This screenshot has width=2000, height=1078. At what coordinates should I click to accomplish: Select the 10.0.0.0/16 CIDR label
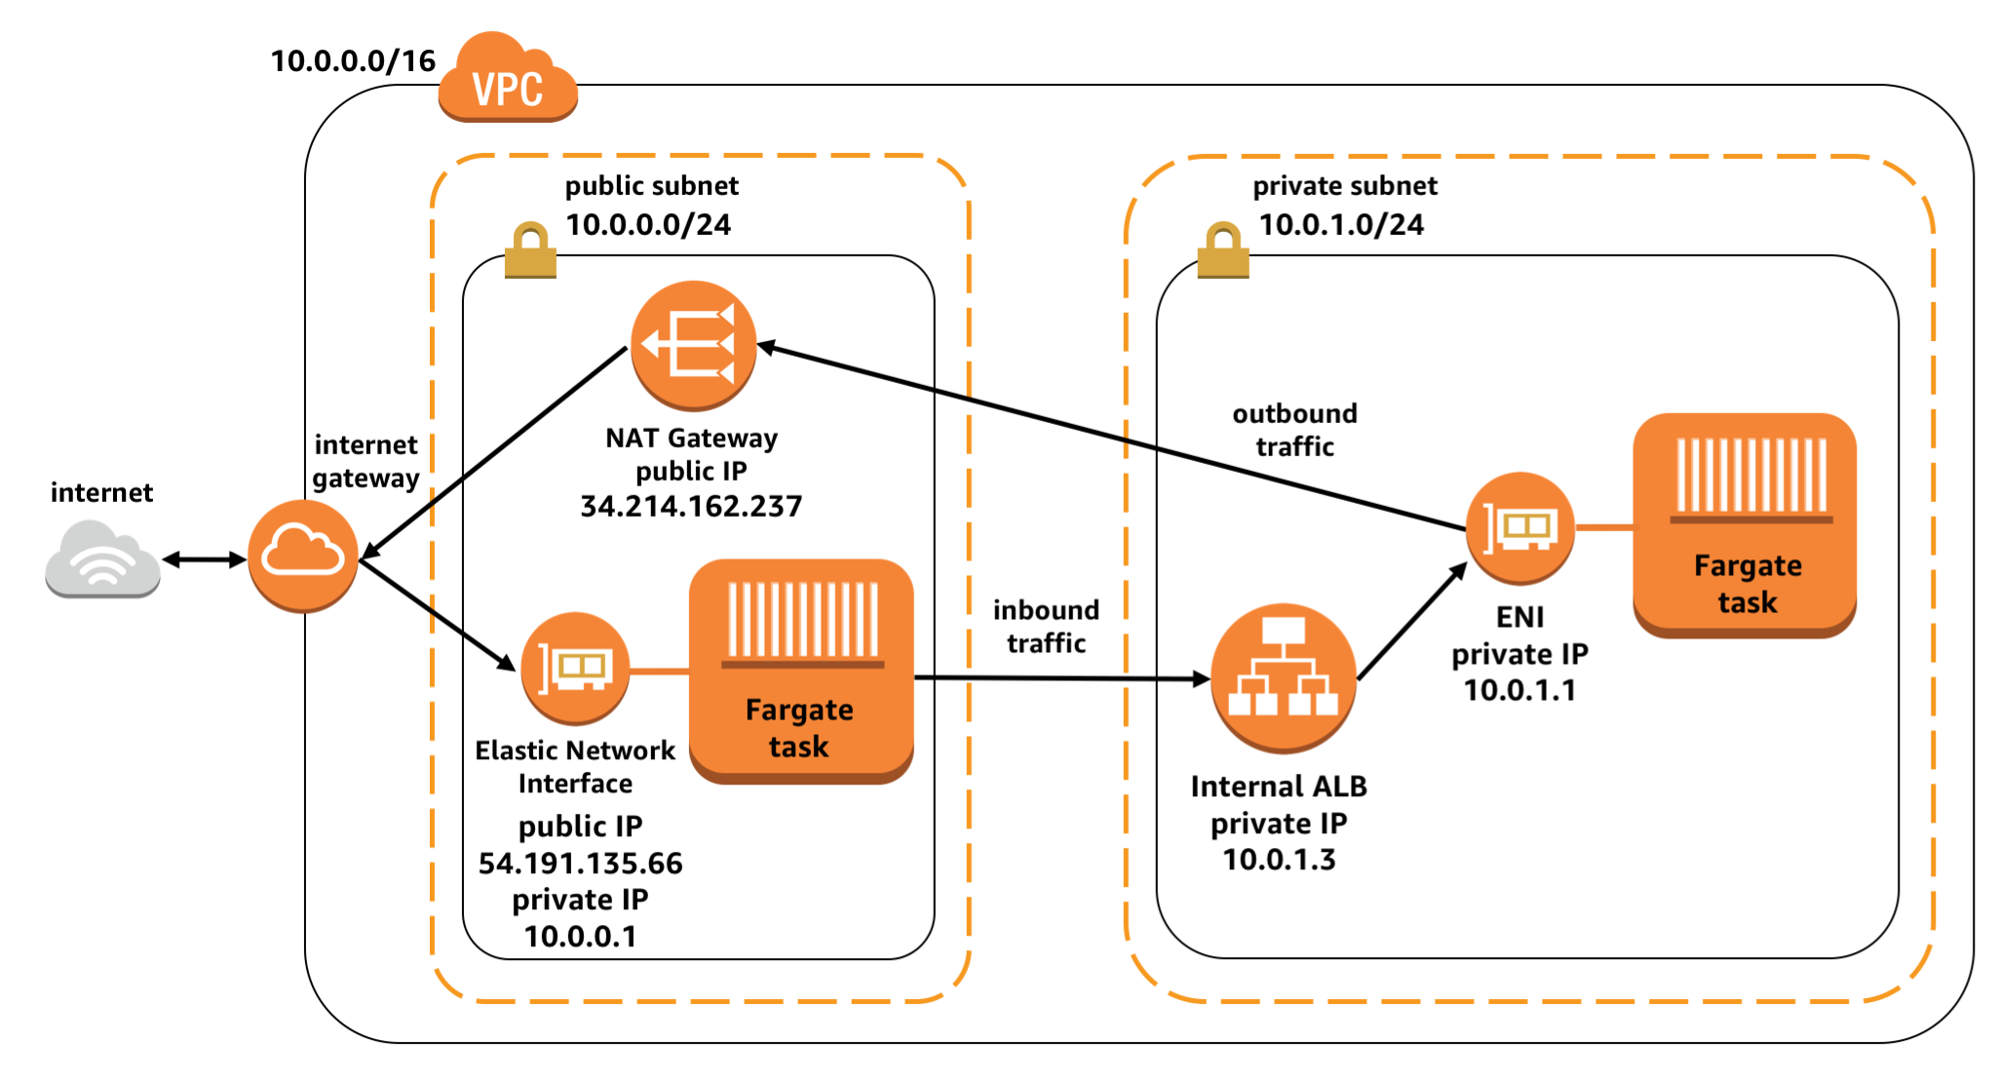coord(353,61)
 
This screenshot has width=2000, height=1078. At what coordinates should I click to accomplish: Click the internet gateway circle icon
coord(303,557)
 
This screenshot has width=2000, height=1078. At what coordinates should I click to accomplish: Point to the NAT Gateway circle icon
coord(693,345)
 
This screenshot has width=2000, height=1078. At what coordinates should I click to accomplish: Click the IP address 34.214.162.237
coord(691,507)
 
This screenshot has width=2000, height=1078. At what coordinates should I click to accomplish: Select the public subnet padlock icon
coord(530,250)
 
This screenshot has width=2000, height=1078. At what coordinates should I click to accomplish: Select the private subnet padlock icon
coord(1223,250)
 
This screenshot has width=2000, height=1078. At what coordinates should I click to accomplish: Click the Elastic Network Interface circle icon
coord(575,669)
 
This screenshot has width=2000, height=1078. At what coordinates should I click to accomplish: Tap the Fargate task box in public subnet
coord(801,671)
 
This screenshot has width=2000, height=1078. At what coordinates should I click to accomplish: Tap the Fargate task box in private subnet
coord(1745,525)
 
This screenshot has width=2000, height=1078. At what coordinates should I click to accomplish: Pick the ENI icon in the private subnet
coord(1519,528)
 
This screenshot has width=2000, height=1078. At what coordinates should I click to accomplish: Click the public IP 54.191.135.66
coord(580,864)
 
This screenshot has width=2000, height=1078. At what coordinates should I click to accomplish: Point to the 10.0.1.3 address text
coord(1279,860)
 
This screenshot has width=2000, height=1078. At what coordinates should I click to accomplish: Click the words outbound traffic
coord(1294,430)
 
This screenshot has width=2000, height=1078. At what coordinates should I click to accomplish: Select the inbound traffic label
coord(1046,627)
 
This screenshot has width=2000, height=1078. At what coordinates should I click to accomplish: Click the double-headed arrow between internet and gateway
coord(204,559)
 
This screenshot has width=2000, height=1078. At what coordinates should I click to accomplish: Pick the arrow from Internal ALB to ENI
coord(1411,622)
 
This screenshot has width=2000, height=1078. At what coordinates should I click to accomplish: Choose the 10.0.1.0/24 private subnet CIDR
coord(1341,225)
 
